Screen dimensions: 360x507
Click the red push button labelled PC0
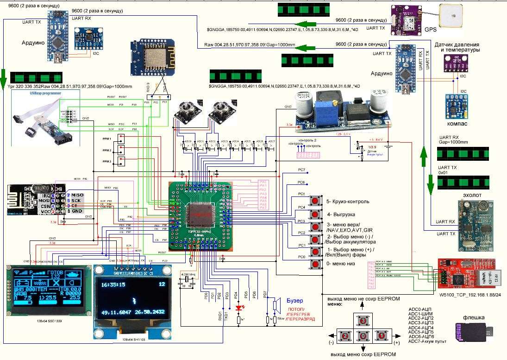(x=316, y=264)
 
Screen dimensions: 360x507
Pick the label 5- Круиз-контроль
(x=347, y=202)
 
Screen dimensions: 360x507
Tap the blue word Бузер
(x=295, y=300)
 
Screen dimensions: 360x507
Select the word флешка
(x=474, y=318)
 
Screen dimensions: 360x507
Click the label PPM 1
(x=107, y=138)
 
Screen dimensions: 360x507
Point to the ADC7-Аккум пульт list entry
(x=427, y=341)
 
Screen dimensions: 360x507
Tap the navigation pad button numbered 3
(x=363, y=320)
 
